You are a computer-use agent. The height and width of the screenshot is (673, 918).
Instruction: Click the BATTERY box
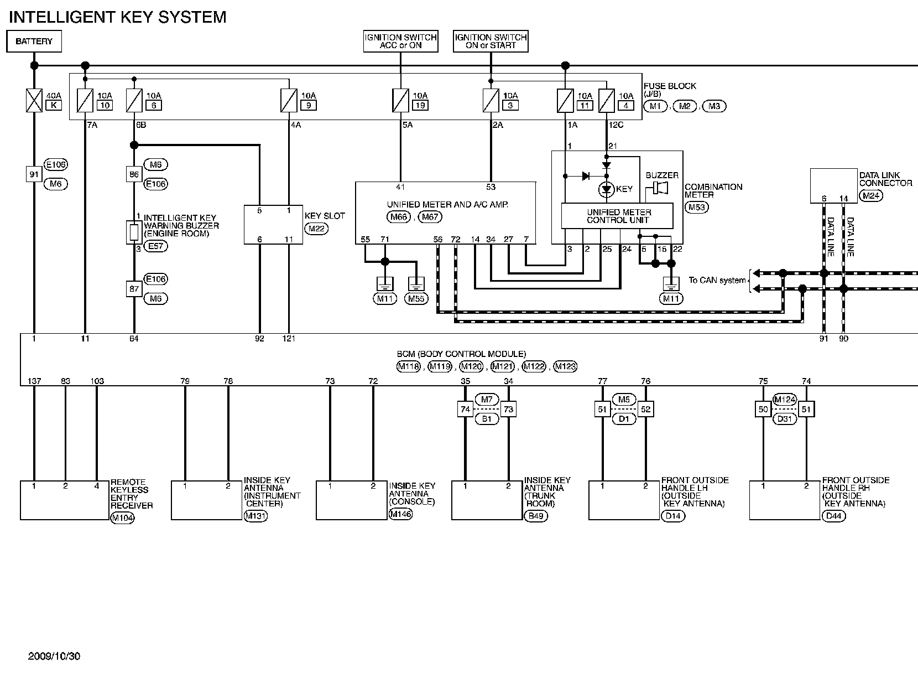pyautogui.click(x=34, y=42)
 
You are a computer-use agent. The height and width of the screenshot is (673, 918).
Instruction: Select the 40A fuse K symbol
pyautogui.click(x=34, y=100)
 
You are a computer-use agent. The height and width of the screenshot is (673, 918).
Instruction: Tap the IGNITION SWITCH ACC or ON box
pyautogui.click(x=400, y=42)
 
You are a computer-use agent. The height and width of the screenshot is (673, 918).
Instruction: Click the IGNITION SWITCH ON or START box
pyautogui.click(x=491, y=42)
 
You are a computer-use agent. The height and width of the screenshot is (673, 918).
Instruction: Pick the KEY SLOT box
pyautogui.click(x=273, y=225)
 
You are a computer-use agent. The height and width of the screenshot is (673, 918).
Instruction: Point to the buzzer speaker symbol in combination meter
pyautogui.click(x=660, y=188)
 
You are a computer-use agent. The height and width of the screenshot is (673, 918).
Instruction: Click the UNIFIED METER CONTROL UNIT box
pyautogui.click(x=617, y=216)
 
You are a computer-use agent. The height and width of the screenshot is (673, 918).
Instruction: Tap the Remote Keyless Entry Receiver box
pyautogui.click(x=65, y=500)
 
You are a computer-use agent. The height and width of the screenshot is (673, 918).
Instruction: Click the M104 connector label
pyautogui.click(x=122, y=518)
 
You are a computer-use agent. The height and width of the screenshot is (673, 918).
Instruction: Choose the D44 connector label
pyautogui.click(x=833, y=516)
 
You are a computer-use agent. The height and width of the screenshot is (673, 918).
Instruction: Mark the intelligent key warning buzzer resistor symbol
pyautogui.click(x=134, y=232)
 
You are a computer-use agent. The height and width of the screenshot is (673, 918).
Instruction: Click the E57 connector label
pyautogui.click(x=155, y=246)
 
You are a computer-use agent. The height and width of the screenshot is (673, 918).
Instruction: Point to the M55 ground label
pyautogui.click(x=416, y=299)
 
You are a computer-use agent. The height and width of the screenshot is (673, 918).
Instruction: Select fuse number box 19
pyautogui.click(x=420, y=105)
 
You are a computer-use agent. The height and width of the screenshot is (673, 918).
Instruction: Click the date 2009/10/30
pyautogui.click(x=54, y=656)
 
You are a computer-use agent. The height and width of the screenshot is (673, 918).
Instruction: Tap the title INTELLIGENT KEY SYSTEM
pyautogui.click(x=118, y=17)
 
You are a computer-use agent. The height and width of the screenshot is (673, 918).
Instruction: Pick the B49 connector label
pyautogui.click(x=535, y=516)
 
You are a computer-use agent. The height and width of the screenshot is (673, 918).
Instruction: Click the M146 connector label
pyautogui.click(x=400, y=514)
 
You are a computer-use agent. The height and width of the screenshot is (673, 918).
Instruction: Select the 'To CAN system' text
pyautogui.click(x=717, y=280)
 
